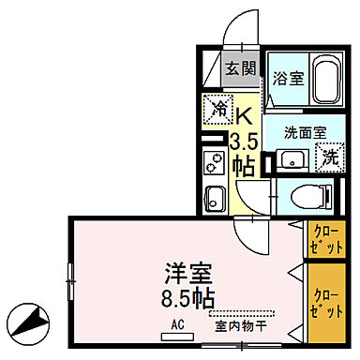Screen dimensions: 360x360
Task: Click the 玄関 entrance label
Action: [x=241, y=68]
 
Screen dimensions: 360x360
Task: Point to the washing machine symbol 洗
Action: [x=329, y=157]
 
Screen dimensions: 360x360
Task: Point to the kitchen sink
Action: [x=213, y=198]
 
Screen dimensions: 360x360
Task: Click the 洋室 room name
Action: [x=187, y=277]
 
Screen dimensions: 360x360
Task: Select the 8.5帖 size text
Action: [x=187, y=301]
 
